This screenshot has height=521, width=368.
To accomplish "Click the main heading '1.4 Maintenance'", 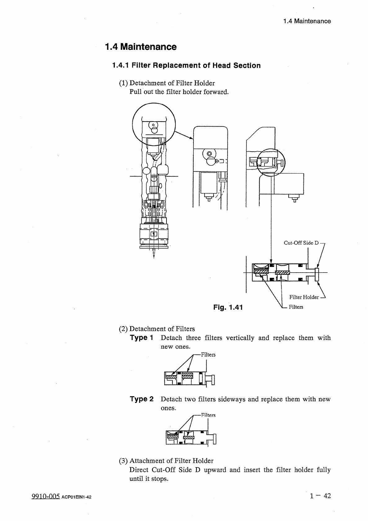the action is click(x=141, y=47).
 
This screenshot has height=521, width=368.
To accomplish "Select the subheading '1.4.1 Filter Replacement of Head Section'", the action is click(x=186, y=66).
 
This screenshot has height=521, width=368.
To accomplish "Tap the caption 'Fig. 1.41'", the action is click(x=228, y=307).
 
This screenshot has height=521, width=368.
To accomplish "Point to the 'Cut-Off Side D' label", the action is click(x=301, y=243).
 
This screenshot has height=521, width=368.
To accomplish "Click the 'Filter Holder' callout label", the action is click(x=304, y=297).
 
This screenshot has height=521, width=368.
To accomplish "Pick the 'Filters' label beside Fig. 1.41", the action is click(x=296, y=307).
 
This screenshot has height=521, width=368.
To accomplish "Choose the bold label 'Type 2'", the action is click(x=142, y=399).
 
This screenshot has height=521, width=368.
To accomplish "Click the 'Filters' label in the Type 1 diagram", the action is click(x=208, y=355).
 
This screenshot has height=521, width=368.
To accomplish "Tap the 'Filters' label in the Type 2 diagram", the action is click(x=208, y=415).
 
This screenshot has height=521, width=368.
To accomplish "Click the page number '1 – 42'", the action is click(x=320, y=496).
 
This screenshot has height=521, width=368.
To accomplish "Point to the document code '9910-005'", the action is click(x=45, y=497).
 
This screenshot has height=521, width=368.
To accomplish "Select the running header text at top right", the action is click(x=307, y=21).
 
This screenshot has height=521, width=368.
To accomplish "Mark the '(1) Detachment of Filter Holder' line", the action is click(x=167, y=83).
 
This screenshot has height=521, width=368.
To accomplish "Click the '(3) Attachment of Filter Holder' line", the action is click(x=166, y=461).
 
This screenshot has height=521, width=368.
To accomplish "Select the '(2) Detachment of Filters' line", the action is click(x=157, y=329).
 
